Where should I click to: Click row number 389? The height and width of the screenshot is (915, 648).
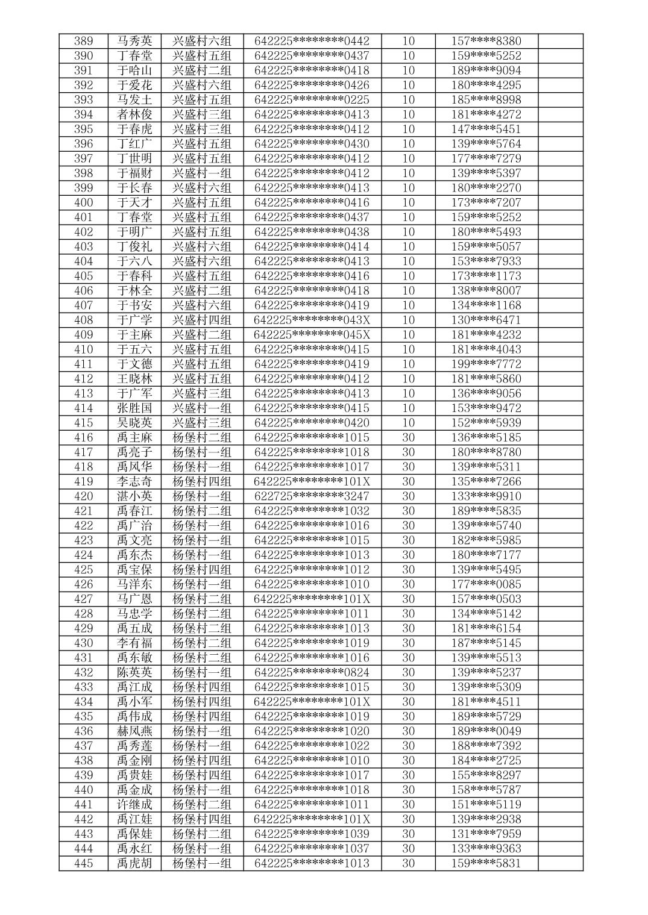tap(83, 42)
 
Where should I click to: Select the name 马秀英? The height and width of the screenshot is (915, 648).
tap(134, 42)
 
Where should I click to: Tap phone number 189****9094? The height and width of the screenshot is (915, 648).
tap(486, 70)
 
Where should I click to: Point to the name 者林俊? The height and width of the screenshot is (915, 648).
tap(134, 114)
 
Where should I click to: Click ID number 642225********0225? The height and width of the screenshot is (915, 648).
tap(312, 100)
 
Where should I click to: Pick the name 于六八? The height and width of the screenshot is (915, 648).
tap(134, 261)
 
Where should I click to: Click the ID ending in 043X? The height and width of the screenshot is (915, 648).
tap(312, 320)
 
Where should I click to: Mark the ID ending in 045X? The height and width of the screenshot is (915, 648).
tap(312, 335)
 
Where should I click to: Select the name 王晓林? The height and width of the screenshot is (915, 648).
tap(134, 379)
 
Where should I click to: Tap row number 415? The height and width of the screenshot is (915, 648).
tap(83, 423)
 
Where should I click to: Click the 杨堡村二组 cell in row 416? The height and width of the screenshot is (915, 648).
tap(202, 438)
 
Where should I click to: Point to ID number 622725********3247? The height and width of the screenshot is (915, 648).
tap(312, 496)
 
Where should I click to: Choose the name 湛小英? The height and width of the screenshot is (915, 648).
tap(134, 496)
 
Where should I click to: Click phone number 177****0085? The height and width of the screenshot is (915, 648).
tap(486, 584)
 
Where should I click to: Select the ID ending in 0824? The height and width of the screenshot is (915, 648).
tap(312, 672)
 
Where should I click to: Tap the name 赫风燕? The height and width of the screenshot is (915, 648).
tap(134, 731)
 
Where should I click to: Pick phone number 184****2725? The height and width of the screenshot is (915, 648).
tap(486, 761)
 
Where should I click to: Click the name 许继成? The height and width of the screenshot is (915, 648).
tap(134, 805)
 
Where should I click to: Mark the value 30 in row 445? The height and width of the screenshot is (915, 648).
tap(408, 863)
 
